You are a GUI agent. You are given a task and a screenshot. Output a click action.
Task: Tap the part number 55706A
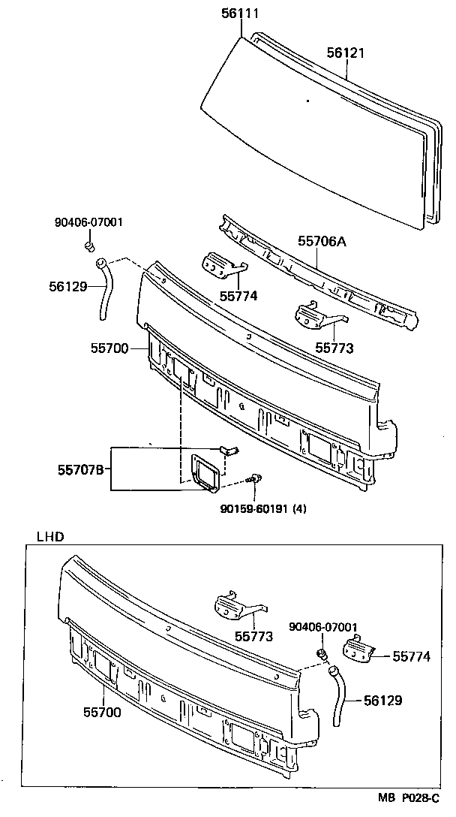click(323, 241)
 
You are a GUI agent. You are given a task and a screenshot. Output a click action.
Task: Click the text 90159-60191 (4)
click(263, 508)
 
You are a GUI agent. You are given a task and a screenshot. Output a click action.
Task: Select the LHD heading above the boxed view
click(50, 537)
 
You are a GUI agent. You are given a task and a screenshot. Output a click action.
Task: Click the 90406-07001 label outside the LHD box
click(88, 222)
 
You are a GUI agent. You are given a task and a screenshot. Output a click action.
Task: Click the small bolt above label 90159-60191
click(256, 478)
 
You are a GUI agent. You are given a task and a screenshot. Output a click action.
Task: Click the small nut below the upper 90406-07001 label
click(89, 246)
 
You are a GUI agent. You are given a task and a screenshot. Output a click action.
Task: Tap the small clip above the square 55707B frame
click(228, 449)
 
